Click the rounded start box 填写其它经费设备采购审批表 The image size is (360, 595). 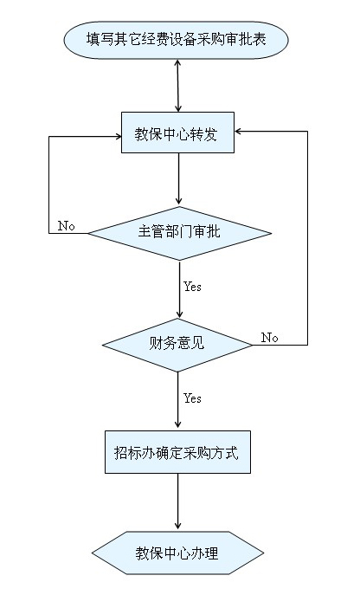176,40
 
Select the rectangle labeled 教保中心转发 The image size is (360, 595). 177,133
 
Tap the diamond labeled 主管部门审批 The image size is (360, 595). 179,233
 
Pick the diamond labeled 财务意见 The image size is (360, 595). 177,345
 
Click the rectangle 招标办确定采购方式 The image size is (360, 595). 177,452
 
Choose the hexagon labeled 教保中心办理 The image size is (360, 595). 177,553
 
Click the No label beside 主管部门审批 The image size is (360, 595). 67,226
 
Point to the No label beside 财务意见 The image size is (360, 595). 270,338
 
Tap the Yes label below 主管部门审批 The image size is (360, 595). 192,287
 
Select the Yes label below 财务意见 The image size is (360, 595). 192,398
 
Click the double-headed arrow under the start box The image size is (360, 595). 178,86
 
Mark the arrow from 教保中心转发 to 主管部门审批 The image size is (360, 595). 178,179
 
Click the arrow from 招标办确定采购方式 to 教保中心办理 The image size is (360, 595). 177,501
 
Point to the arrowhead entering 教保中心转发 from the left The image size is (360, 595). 118,137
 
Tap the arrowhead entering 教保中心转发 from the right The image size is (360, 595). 238,132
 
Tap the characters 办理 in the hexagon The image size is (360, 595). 204,553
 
